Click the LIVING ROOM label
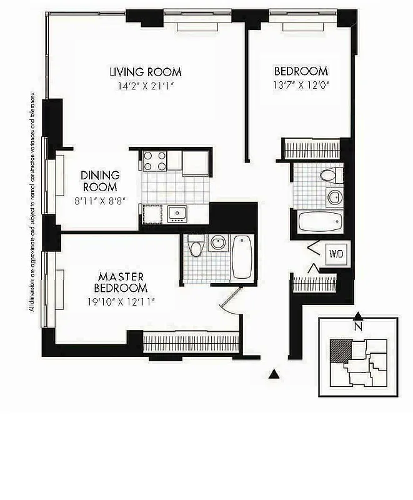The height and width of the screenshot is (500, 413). [146, 72]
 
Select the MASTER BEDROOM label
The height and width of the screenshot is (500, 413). [121, 282]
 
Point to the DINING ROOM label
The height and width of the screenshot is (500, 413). [100, 182]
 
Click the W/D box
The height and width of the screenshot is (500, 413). [336, 254]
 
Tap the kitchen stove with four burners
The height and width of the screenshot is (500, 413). [155, 161]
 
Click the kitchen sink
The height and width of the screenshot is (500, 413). [177, 214]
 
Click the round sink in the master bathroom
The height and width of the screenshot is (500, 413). [218, 242]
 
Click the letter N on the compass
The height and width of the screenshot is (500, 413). [358, 326]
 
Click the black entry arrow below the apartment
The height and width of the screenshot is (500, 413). [273, 374]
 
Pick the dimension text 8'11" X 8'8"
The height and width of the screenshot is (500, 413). [100, 201]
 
